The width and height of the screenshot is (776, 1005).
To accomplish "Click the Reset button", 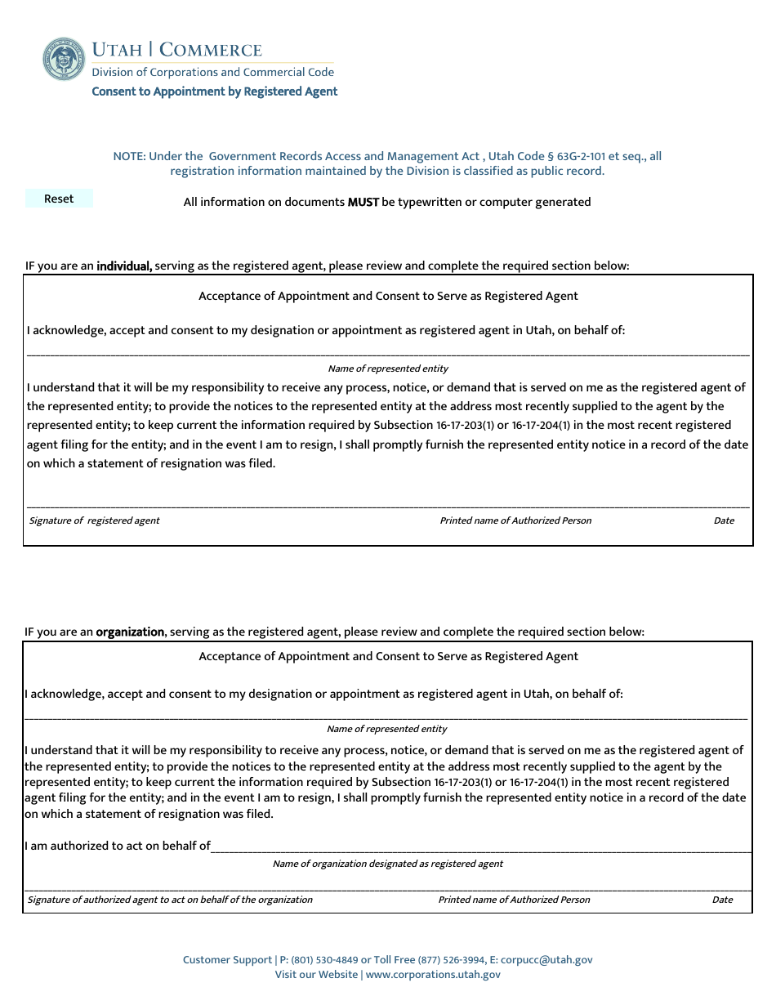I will pyautogui.click(x=59, y=199).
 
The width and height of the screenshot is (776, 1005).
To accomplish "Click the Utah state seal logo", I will pyautogui.click(x=64, y=59).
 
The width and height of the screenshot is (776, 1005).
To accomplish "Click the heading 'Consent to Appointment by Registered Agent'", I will pyautogui.click(x=214, y=92).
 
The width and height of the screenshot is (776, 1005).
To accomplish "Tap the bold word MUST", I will pyautogui.click(x=363, y=202).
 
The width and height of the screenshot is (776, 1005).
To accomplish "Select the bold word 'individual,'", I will pyautogui.click(x=124, y=266).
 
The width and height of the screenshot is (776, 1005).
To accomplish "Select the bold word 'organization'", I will pyautogui.click(x=131, y=632).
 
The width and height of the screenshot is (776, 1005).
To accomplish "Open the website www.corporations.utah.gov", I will pyautogui.click(x=433, y=974).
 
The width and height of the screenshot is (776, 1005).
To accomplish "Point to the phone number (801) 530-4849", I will pyautogui.click(x=324, y=960).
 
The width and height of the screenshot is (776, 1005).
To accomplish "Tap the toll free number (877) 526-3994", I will pyautogui.click(x=452, y=960).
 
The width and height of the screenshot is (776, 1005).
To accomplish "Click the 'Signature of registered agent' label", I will pyautogui.click(x=95, y=520).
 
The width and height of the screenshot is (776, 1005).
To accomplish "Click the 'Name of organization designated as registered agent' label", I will pyautogui.click(x=388, y=864).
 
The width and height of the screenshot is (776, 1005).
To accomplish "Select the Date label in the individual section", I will pyautogui.click(x=724, y=520).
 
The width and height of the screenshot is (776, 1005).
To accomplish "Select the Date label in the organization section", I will pyautogui.click(x=722, y=900).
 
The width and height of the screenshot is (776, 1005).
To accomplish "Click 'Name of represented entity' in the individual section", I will pyautogui.click(x=388, y=368).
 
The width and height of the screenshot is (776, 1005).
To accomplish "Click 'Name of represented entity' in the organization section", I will pyautogui.click(x=387, y=729).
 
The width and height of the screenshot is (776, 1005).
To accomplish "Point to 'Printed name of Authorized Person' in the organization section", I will pyautogui.click(x=514, y=900).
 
